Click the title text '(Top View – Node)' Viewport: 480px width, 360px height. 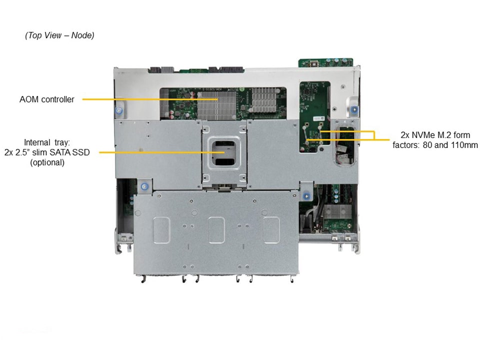point(59,35)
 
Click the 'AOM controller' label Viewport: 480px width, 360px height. point(47,99)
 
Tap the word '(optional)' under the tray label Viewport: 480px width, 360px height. point(47,162)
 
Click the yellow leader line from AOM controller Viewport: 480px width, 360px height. point(149,99)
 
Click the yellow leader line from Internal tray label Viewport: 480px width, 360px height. point(162,152)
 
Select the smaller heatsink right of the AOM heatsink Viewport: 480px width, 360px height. point(264,99)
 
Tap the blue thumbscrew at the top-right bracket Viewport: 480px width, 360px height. point(354,109)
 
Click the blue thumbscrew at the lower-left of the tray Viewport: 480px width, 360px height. point(144,186)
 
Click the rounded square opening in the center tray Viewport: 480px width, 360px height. point(224,152)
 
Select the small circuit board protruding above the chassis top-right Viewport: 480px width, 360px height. point(325,62)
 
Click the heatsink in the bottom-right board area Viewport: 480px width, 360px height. point(337,211)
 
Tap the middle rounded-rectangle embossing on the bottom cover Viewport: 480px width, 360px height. point(216,230)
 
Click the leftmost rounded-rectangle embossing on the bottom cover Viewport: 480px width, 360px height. point(161,230)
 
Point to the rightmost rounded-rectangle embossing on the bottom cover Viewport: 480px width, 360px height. point(271,230)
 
